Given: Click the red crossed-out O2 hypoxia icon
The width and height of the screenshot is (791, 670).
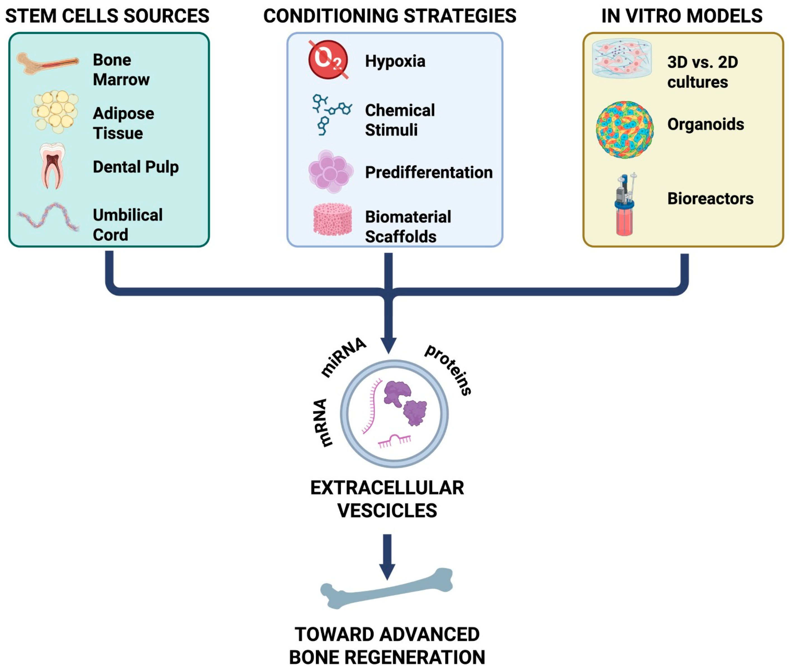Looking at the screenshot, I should (x=328, y=60).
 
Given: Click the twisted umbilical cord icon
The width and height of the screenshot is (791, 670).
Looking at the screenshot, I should (x=48, y=217).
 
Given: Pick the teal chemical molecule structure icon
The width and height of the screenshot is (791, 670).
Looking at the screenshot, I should (x=330, y=113).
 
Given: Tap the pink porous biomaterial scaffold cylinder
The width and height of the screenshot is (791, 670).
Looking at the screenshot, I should (x=332, y=219).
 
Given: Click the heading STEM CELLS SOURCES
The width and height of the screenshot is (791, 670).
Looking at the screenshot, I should (x=107, y=16).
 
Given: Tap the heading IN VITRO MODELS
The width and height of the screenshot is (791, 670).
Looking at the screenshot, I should (x=682, y=16).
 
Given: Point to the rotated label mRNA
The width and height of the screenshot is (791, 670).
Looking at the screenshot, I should (x=322, y=422).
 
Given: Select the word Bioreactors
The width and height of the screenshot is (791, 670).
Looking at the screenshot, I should (x=710, y=199).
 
